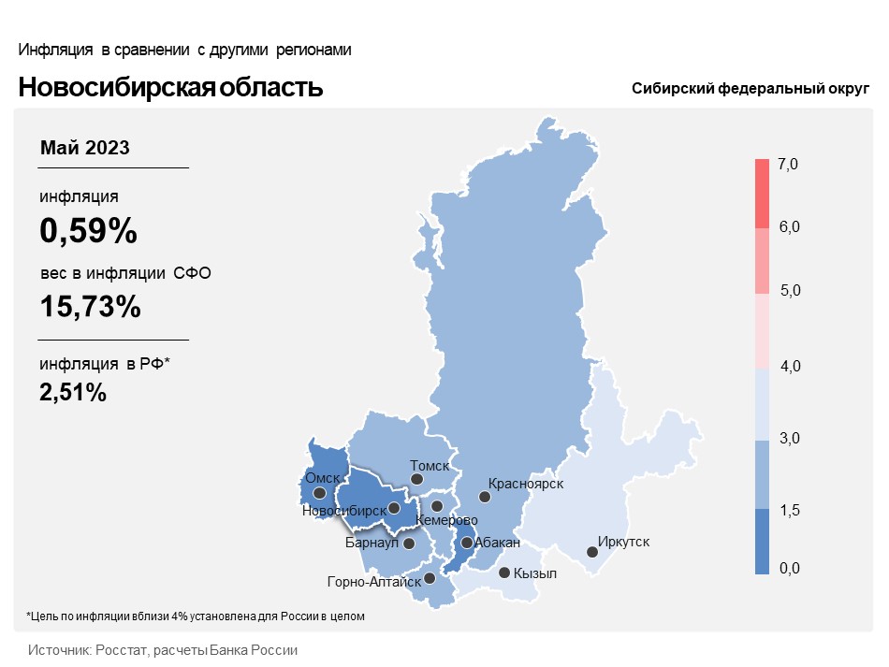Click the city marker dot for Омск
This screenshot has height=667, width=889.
point(320,493)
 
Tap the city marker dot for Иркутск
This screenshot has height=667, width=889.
point(592,552)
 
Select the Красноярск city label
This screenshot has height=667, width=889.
point(526,483)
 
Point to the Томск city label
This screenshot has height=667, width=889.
point(430,465)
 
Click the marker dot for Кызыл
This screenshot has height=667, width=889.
point(504,573)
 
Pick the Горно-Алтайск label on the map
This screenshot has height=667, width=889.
point(373,581)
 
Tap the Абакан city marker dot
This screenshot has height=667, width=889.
point(466,543)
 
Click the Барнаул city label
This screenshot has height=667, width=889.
point(372,543)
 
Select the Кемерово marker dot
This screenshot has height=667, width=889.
point(437,506)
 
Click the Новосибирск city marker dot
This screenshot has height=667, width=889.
point(395,508)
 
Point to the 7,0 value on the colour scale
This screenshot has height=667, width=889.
point(788,165)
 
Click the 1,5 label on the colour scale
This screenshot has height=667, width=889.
point(788,510)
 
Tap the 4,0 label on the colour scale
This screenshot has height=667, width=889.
point(788,366)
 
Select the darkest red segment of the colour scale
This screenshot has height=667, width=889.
point(762,194)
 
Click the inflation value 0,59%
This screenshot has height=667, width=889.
point(88,230)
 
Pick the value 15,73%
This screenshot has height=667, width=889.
point(90,306)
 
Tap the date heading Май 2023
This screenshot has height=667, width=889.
point(85,148)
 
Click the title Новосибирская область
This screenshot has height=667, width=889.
point(170,88)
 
